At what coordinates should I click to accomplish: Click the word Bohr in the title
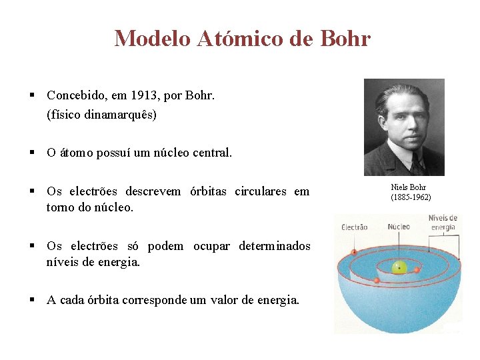pyautogui.click(x=345, y=38)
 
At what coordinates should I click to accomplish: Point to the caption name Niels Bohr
pyautogui.click(x=408, y=187)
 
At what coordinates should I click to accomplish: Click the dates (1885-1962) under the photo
pyautogui.click(x=411, y=197)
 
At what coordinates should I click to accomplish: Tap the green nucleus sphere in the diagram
pyautogui.click(x=399, y=267)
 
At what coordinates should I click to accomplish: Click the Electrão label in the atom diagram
pyautogui.click(x=354, y=227)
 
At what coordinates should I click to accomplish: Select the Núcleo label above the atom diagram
pyautogui.click(x=399, y=227)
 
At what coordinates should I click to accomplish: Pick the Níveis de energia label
pyautogui.click(x=443, y=222)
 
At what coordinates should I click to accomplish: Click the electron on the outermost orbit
pyautogui.click(x=353, y=252)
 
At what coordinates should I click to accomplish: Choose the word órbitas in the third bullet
pyautogui.click(x=207, y=192)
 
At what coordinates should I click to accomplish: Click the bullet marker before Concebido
pyautogui.click(x=32, y=95)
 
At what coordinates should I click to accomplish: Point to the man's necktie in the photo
pyautogui.click(x=417, y=162)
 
